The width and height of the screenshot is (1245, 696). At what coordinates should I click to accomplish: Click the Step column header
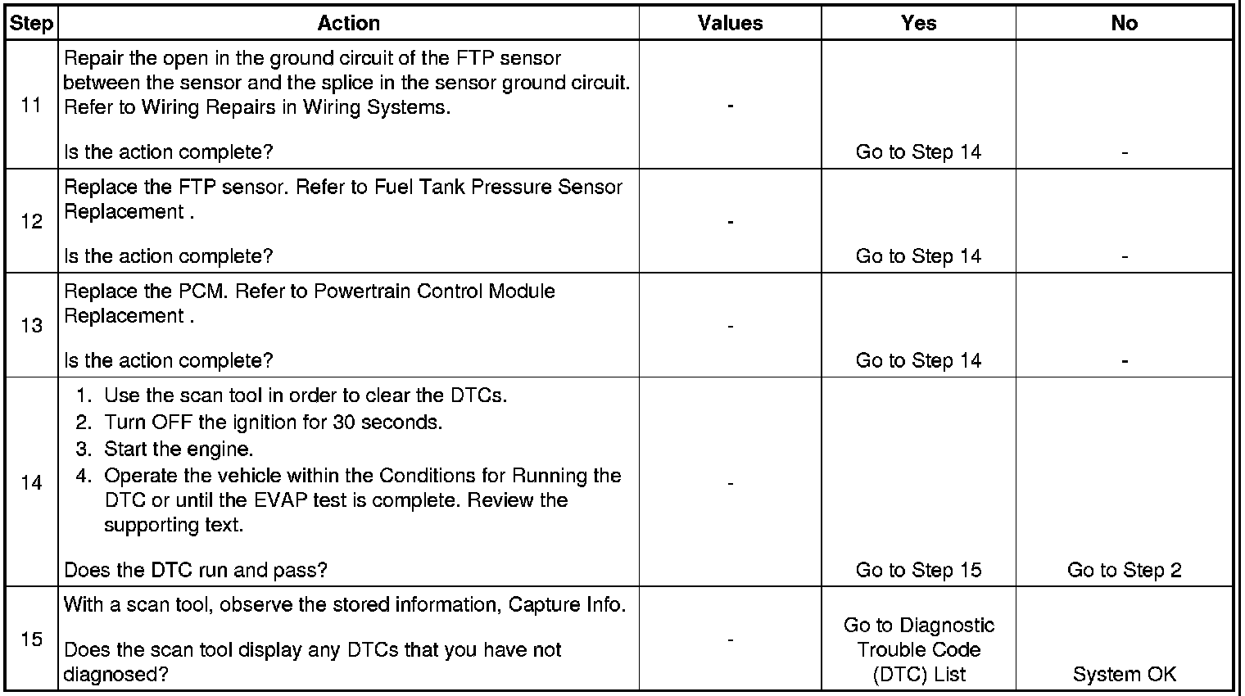[31, 24]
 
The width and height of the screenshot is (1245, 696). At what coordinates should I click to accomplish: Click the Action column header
[348, 24]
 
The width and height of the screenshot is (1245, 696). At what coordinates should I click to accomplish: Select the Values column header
[730, 24]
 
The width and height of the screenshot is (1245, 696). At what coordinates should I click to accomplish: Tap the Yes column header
[918, 24]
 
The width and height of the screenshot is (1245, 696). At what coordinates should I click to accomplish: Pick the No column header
[1124, 24]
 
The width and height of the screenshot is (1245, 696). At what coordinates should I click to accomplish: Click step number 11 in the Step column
[31, 106]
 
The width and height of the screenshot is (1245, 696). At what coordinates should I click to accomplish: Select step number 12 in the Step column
[31, 222]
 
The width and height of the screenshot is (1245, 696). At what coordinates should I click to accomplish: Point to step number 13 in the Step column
[31, 326]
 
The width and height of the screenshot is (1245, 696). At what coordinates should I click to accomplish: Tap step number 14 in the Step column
[31, 482]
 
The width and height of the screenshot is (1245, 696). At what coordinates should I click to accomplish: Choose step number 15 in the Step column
[31, 639]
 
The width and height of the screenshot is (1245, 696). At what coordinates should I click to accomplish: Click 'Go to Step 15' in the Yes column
[918, 570]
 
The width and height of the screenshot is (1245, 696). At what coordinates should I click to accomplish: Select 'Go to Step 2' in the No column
[1124, 570]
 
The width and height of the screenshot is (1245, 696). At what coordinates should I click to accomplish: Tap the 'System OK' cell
[1124, 674]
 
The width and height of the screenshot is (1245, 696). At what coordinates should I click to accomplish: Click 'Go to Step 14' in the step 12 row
[918, 256]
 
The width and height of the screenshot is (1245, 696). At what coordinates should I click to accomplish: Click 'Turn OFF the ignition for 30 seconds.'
[273, 423]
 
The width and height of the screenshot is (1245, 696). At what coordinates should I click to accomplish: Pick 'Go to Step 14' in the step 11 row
[918, 152]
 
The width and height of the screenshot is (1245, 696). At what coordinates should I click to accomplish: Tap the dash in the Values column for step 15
[730, 639]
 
